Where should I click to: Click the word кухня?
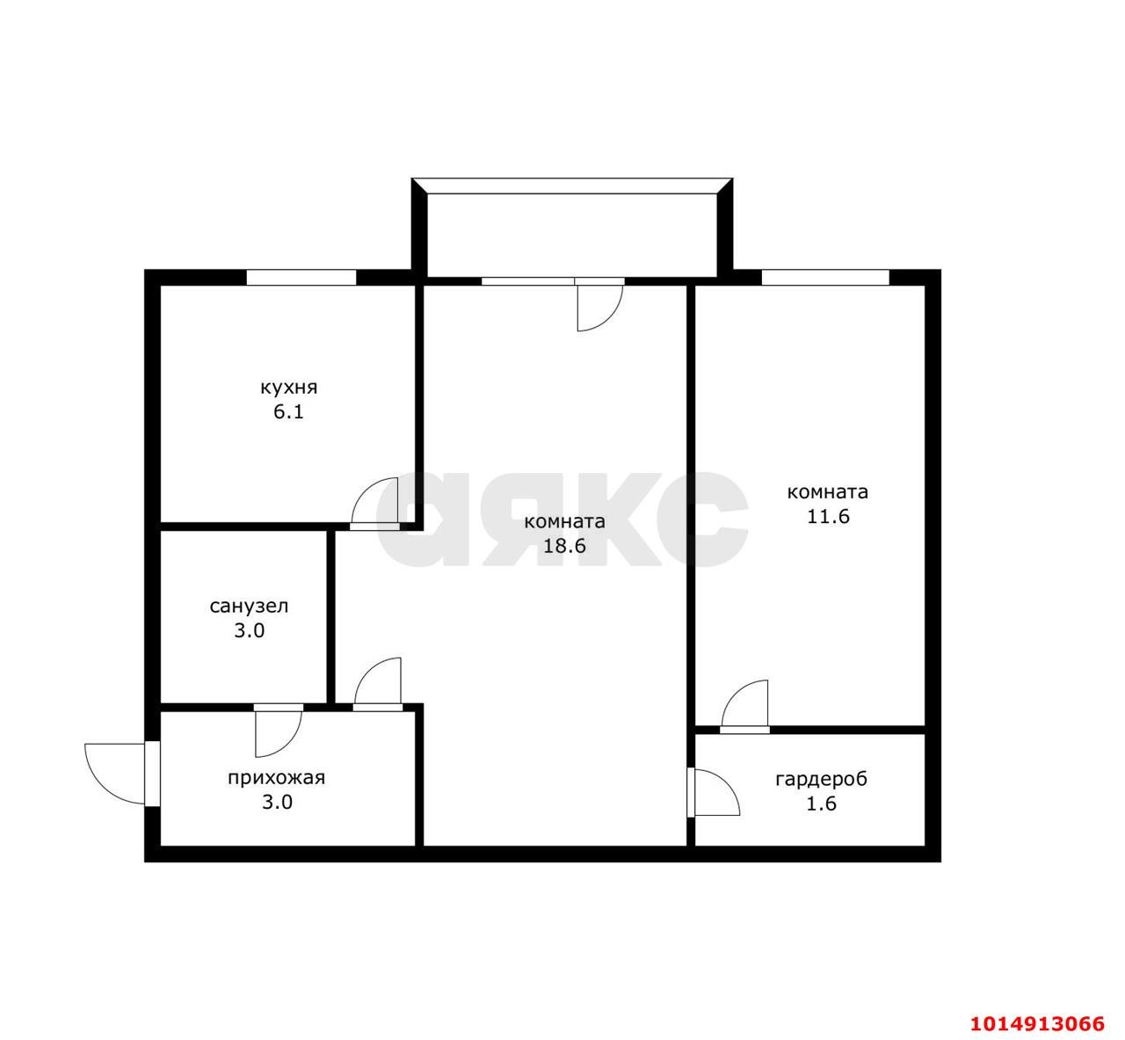(289, 388)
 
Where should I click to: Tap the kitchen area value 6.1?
(289, 412)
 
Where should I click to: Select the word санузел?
(250, 607)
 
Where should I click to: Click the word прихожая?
(277, 778)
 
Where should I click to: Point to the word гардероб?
(822, 779)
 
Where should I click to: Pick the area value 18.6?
(565, 546)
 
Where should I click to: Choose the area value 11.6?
(828, 517)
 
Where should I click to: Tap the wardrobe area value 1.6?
(822, 804)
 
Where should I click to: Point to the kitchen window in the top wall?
(301, 278)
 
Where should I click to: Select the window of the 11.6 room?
(825, 278)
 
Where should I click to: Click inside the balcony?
(572, 236)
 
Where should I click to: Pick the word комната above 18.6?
(565, 521)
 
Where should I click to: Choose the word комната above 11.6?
(828, 492)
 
